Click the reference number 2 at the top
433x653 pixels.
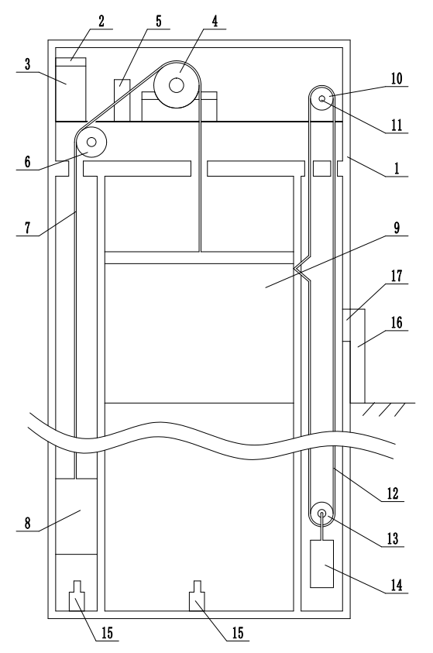coord(102,22)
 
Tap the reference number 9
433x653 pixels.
coord(397,228)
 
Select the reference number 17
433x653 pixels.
coord(397,276)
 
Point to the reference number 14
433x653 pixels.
coord(397,585)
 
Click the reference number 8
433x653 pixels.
coord(27,524)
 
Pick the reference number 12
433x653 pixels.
coord(393,494)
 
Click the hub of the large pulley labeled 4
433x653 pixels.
coord(177,85)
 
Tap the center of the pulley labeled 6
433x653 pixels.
coord(91,143)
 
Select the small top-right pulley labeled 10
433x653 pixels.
coord(321,98)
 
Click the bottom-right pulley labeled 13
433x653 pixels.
coord(321,514)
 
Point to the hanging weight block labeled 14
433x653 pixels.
coord(322,564)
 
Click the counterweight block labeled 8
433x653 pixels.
coord(76,516)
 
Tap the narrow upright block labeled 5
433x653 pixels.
coord(122,100)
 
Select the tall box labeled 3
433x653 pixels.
coord(70,90)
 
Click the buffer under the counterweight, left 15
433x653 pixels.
coord(77,596)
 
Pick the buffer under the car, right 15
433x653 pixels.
coord(197,596)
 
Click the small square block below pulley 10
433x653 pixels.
coord(321,169)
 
